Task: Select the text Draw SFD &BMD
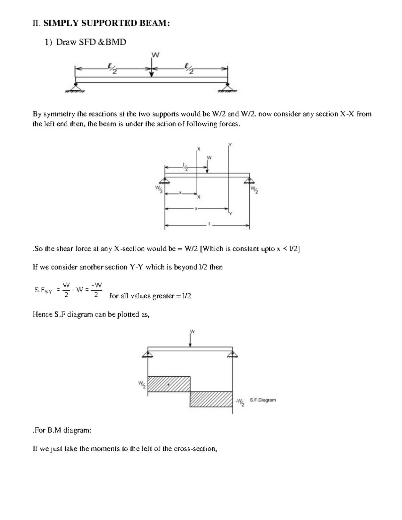point(91,42)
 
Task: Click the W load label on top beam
point(155,55)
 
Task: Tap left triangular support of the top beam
point(76,87)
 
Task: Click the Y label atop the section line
point(230,145)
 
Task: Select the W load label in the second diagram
point(209,157)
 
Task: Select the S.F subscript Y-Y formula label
point(43,290)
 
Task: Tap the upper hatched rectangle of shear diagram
point(169,384)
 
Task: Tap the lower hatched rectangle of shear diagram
point(211,399)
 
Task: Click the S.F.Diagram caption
point(263,400)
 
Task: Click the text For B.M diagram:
point(62,430)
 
